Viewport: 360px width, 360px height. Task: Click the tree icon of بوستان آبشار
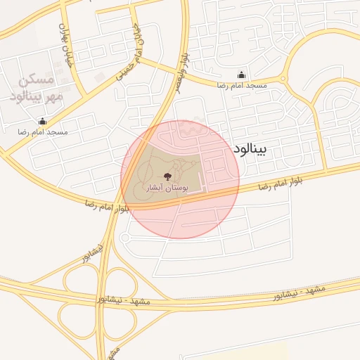click(x=167, y=176)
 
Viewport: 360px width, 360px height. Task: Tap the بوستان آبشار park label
click(x=167, y=188)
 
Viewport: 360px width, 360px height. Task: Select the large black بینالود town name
click(x=250, y=150)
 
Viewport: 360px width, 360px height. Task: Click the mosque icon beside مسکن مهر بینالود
click(x=43, y=121)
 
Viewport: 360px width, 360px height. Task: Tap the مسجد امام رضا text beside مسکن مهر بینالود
click(x=43, y=131)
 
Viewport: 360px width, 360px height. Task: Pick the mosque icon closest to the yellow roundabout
click(x=243, y=75)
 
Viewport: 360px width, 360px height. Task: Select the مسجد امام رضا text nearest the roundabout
click(x=243, y=85)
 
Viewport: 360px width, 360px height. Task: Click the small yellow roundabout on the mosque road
click(x=285, y=79)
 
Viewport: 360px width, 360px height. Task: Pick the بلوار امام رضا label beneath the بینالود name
click(x=276, y=185)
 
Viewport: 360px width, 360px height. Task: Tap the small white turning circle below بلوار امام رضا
click(x=126, y=238)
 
